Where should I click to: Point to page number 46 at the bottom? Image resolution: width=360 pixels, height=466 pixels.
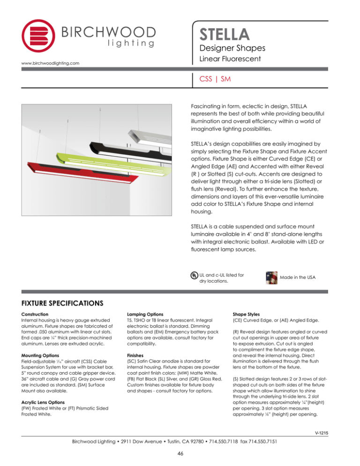[x=180, y=453]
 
